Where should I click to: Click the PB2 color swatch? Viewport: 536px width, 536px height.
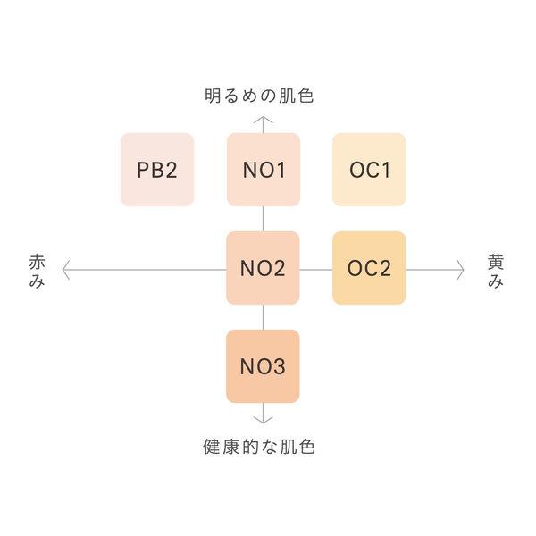pyautogui.click(x=157, y=170)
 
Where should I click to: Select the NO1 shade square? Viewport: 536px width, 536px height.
pyautogui.click(x=263, y=170)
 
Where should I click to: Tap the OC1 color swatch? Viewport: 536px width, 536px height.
pyautogui.click(x=369, y=170)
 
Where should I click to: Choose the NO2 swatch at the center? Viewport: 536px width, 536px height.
pyautogui.click(x=263, y=268)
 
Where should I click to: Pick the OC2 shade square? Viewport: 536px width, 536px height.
pyautogui.click(x=369, y=268)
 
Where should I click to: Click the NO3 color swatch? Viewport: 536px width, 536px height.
pyautogui.click(x=263, y=366)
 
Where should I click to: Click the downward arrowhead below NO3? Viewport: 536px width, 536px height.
pyautogui.click(x=263, y=417)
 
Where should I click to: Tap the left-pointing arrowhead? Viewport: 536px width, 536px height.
pyautogui.click(x=65, y=268)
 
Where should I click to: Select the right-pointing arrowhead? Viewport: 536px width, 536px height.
pyautogui.click(x=461, y=268)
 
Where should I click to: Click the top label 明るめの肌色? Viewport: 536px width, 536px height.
pyautogui.click(x=259, y=96)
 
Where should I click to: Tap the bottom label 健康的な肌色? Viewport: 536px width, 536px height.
pyautogui.click(x=259, y=447)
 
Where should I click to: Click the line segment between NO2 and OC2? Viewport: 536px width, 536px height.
pyautogui.click(x=315, y=268)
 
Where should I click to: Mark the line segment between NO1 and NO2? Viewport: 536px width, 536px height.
pyautogui.click(x=263, y=219)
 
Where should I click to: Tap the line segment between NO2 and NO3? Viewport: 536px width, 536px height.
pyautogui.click(x=263, y=317)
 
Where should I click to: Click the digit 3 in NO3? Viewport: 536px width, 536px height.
pyautogui.click(x=280, y=366)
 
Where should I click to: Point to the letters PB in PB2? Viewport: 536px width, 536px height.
pyautogui.click(x=149, y=170)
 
